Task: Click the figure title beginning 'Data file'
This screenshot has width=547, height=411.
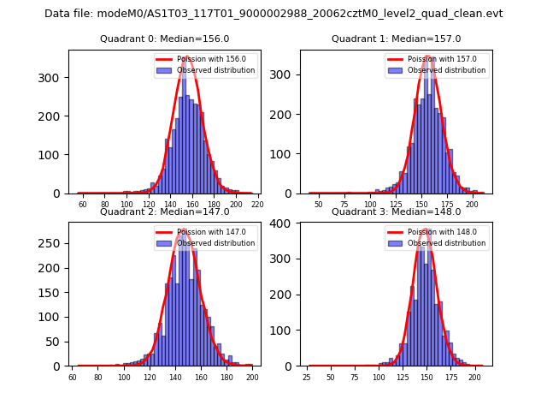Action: (273, 14)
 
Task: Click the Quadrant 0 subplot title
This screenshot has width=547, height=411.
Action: (164, 39)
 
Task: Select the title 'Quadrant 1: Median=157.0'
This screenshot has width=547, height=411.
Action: (396, 39)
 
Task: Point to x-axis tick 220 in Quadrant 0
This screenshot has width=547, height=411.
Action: (257, 205)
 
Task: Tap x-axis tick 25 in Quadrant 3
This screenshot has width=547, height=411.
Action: (307, 378)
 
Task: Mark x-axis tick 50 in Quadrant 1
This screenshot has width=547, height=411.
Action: (319, 205)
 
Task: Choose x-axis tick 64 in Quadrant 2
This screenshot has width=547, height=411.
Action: (73, 378)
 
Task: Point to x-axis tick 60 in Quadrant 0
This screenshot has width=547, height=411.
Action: (83, 205)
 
